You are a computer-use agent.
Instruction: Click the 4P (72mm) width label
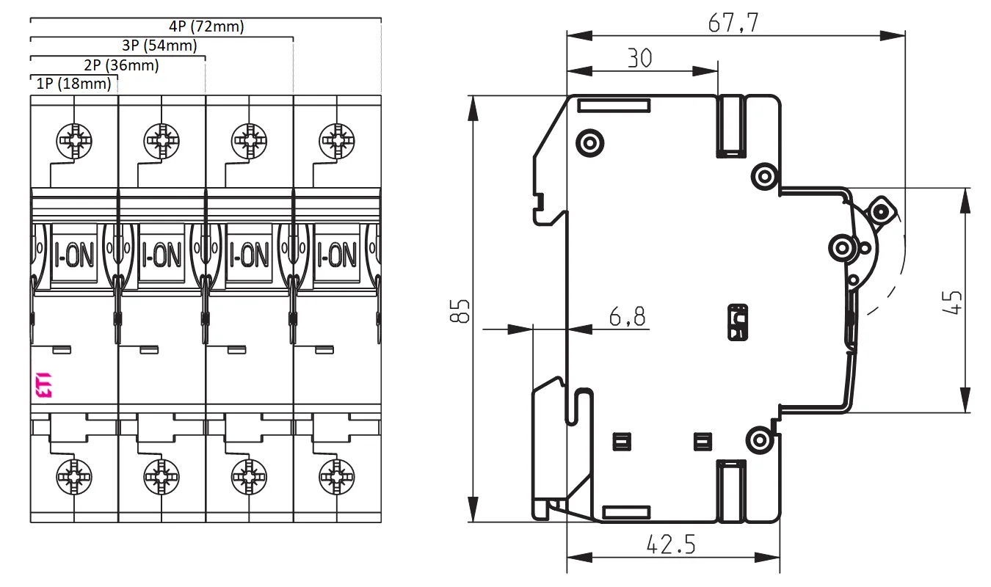coord(206,26)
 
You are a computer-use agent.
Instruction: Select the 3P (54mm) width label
coord(159,45)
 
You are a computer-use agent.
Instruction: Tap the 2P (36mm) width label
coord(121,65)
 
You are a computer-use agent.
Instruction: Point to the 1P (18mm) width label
coord(73,83)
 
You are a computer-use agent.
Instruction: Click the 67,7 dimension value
coord(733,23)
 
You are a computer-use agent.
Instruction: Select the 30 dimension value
coord(639,58)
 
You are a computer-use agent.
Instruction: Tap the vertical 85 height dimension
coord(460,311)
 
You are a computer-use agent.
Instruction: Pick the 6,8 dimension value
coord(627,316)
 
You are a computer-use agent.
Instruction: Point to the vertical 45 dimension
coord(951,302)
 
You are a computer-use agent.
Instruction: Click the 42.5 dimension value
coord(671,544)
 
